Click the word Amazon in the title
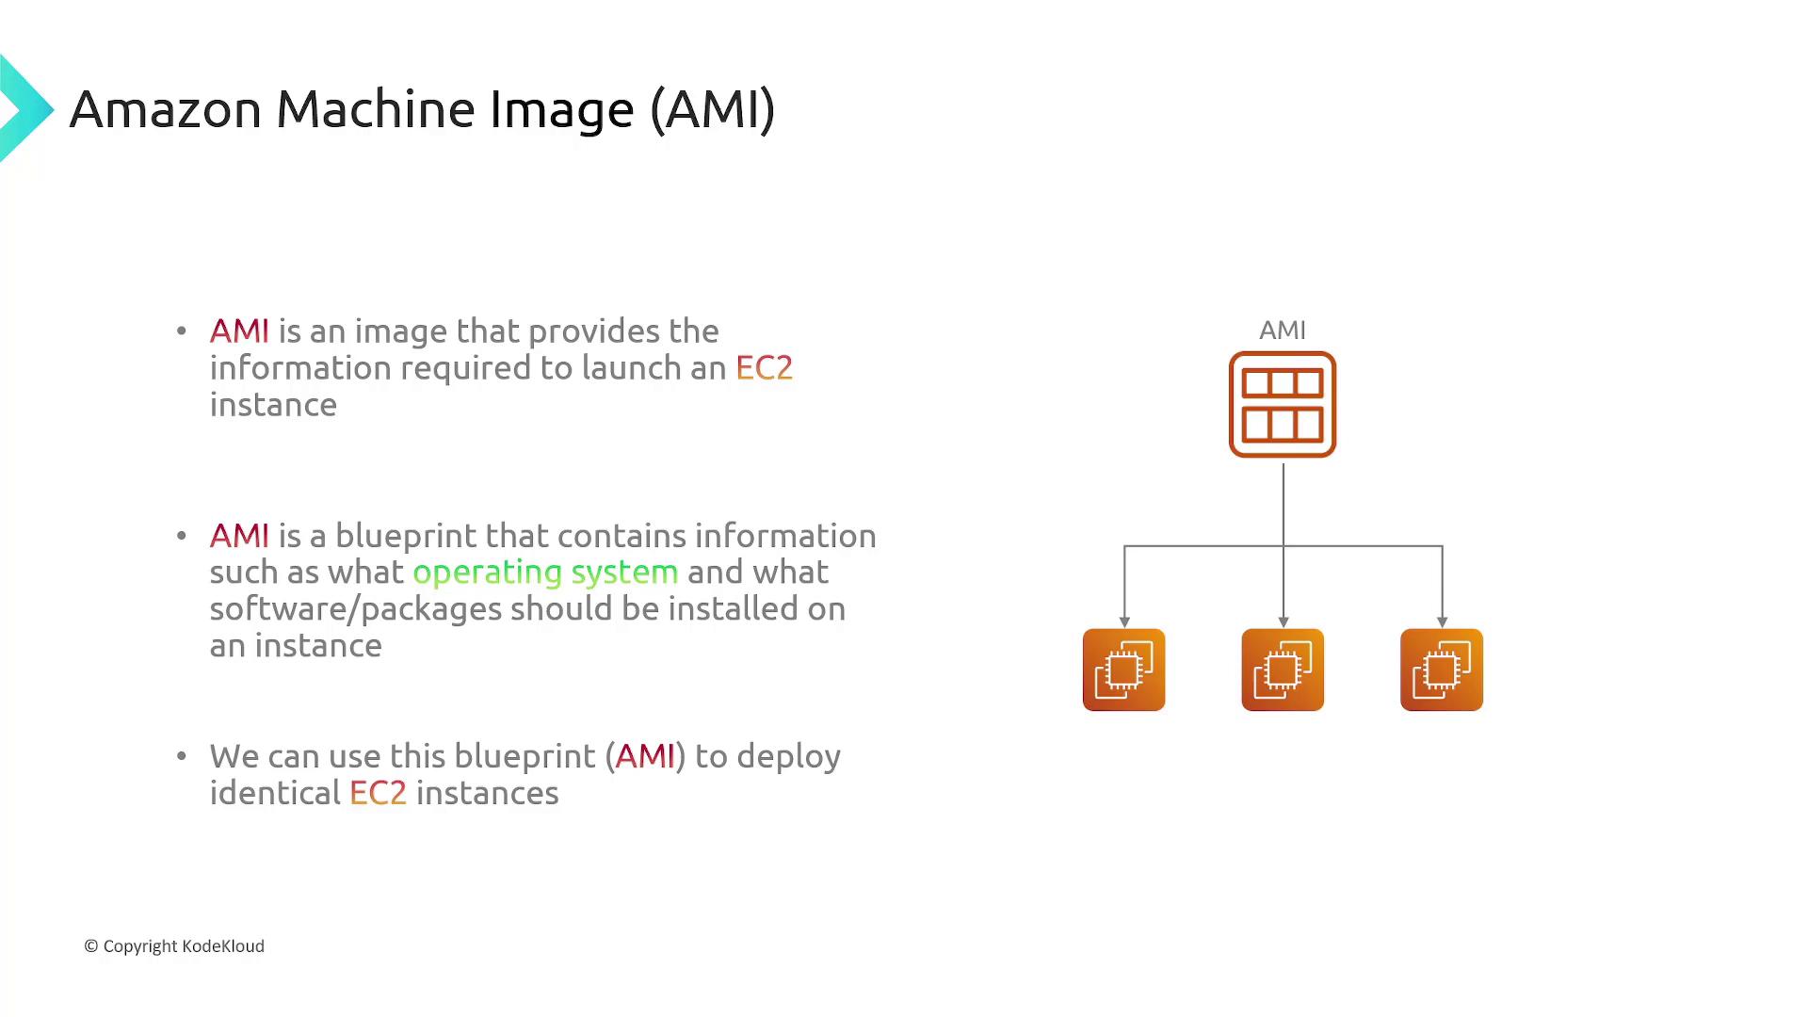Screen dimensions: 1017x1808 166,109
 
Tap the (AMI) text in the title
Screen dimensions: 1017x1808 712,109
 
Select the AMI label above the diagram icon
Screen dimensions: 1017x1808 1282,331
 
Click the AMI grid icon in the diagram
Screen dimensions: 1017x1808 1282,405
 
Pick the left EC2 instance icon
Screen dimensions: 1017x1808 1123,670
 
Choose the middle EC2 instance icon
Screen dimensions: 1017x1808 1282,670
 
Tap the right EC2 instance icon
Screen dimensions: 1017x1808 1441,670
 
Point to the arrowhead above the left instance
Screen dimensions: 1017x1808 1124,621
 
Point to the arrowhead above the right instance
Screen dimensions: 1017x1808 1442,621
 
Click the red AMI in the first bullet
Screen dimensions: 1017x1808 239,331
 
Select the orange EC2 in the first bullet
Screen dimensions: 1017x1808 764,368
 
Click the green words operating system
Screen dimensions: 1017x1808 545,573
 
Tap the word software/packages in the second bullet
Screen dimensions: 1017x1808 355,609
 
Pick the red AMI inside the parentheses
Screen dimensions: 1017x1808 645,756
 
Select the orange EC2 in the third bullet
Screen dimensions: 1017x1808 378,793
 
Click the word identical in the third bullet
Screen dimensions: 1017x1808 274,793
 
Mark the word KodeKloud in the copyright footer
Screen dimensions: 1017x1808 223,946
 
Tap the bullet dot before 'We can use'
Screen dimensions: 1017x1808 182,755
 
